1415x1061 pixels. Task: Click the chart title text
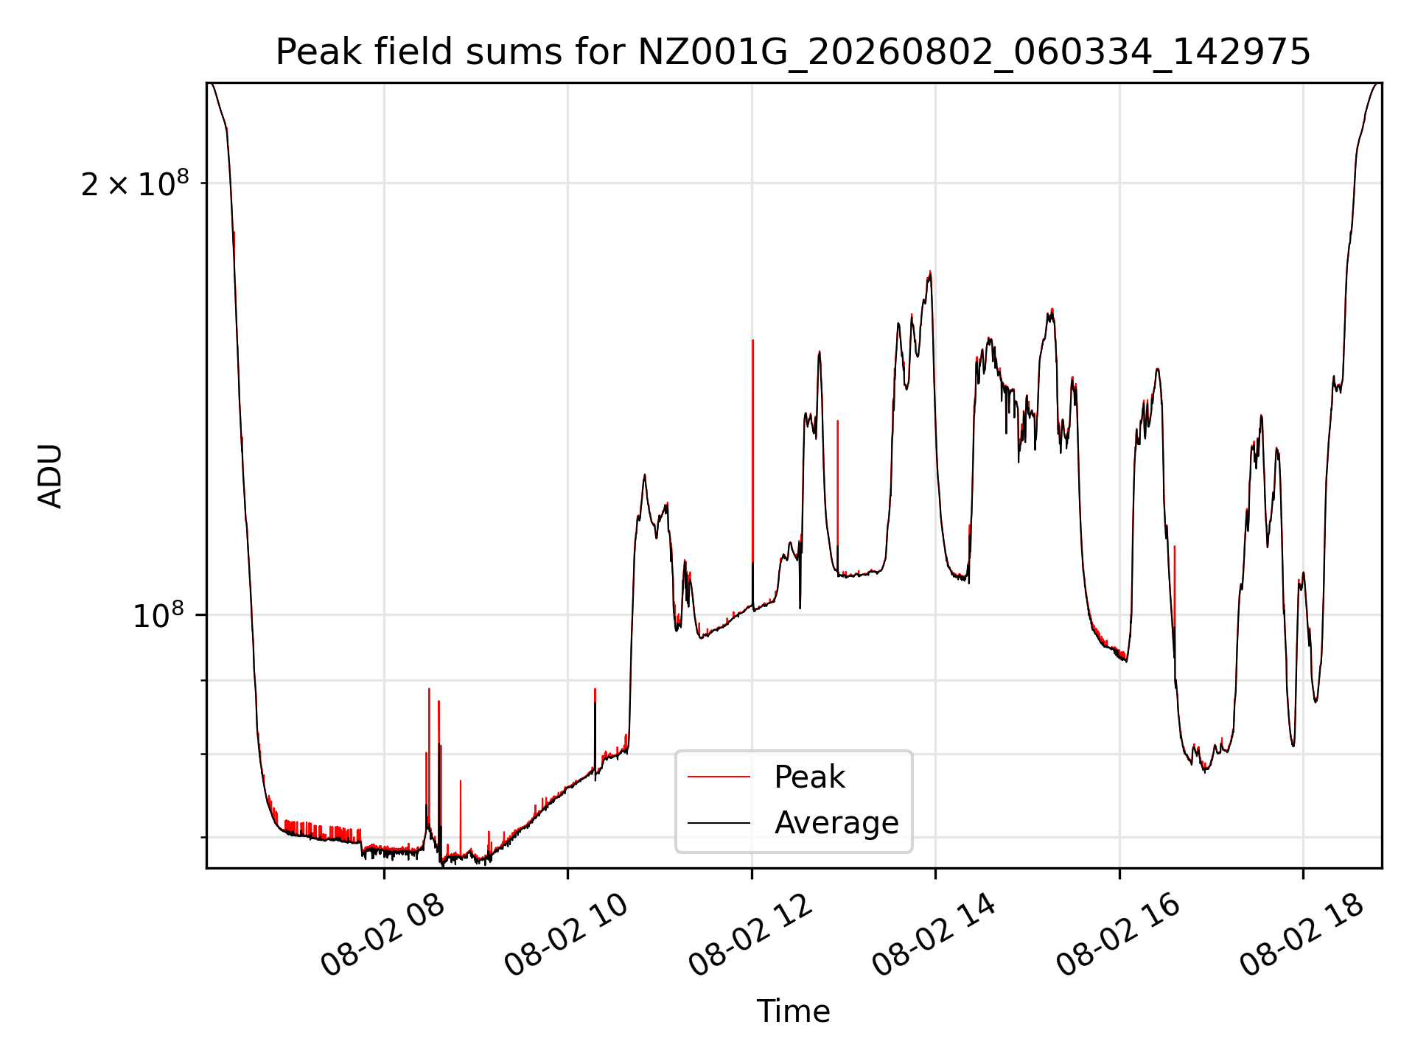793,52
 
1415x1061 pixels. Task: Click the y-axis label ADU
50,476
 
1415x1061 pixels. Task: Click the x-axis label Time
793,1012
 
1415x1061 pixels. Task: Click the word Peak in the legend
809,777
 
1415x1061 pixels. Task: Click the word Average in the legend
836,822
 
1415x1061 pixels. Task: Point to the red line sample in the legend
719,777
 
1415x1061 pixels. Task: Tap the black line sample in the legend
719,822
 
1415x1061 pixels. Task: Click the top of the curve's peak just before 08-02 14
930,272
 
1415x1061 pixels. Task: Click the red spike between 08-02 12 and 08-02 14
838,483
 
